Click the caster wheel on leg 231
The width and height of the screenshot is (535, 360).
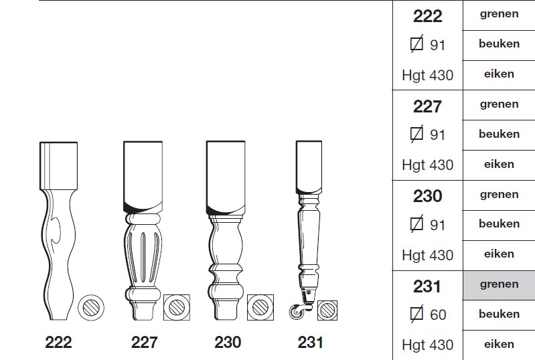296,312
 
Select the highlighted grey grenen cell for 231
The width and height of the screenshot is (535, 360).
499,285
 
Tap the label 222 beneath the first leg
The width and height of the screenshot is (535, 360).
58,343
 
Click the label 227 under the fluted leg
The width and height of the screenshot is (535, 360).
145,343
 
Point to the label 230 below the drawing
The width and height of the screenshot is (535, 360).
228,343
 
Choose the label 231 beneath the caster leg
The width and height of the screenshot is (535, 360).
310,343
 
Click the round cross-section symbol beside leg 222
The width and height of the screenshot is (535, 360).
91,308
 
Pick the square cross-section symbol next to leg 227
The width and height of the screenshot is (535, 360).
177,308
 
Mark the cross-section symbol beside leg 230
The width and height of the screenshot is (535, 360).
260,308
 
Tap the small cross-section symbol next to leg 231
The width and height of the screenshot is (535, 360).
327,310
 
